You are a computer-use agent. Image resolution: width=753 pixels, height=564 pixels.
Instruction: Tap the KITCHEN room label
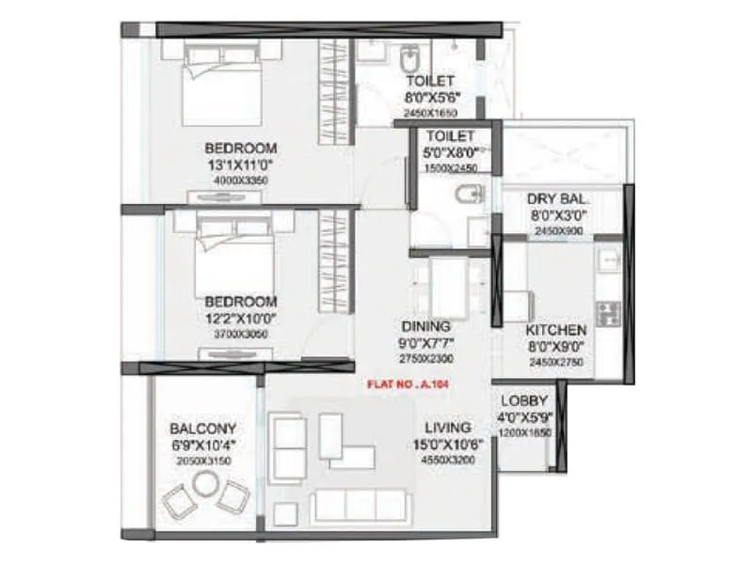[556, 330]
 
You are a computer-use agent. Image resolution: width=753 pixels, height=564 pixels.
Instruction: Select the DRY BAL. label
[558, 199]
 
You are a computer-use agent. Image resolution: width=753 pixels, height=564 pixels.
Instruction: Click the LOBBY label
[519, 399]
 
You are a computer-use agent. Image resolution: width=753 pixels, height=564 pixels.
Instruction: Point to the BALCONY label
[203, 428]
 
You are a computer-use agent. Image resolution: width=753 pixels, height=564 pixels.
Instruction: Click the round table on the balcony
[203, 484]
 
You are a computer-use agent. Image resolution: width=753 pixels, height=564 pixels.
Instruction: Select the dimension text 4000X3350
[241, 180]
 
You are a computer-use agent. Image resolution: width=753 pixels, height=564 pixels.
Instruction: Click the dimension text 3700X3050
[241, 334]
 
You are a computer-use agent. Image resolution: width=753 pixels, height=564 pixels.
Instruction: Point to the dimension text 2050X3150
[203, 461]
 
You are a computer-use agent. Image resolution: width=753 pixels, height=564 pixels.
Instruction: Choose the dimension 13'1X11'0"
[241, 164]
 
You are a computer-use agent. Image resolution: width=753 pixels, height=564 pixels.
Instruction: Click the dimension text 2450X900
[558, 228]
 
